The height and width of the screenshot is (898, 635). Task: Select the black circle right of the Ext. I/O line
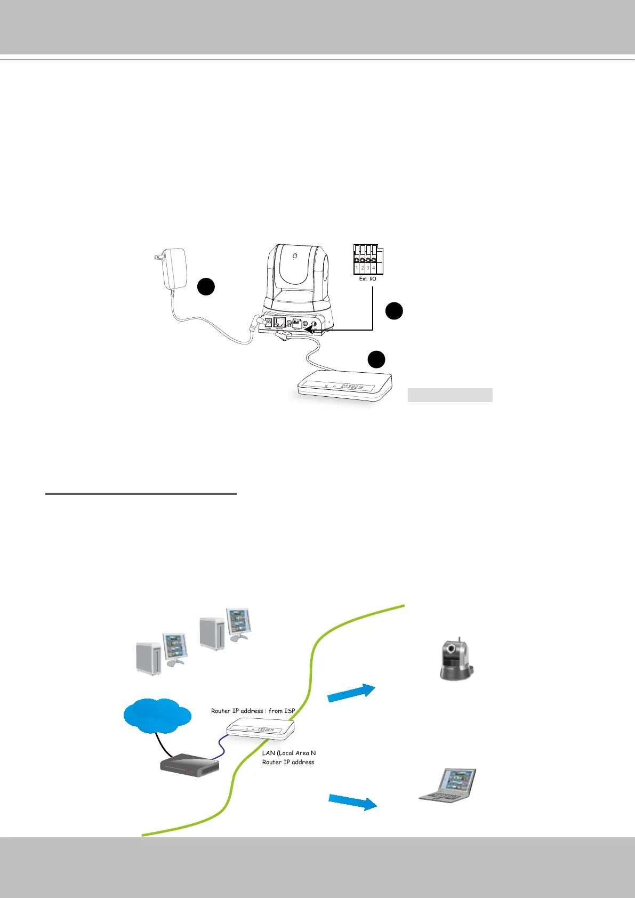(393, 311)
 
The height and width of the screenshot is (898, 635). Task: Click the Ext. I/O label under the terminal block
(367, 279)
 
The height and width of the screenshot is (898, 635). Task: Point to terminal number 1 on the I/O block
(357, 267)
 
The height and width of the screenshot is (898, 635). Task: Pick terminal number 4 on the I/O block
(374, 267)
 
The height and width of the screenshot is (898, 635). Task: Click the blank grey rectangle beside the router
(449, 395)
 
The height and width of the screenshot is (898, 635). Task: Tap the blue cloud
(156, 714)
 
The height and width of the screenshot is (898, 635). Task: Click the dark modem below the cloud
(190, 765)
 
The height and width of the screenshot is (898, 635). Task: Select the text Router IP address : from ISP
(253, 711)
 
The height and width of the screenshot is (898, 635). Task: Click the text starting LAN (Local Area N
(288, 753)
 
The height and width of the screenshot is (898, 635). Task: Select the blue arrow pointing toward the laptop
(352, 801)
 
